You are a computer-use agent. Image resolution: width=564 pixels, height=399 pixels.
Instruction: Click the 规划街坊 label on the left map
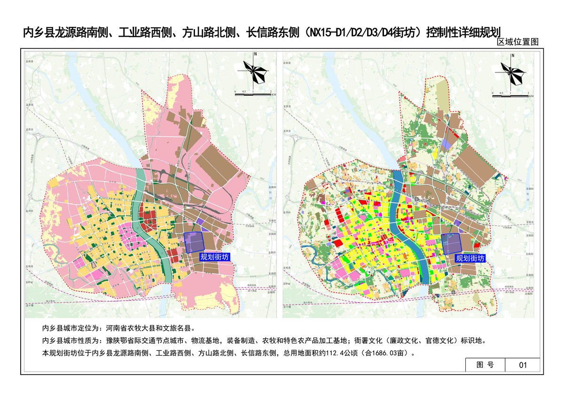(214, 257)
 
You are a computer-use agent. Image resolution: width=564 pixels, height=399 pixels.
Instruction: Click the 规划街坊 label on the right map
(470, 258)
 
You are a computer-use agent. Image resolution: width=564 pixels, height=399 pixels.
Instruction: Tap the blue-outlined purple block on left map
(194, 243)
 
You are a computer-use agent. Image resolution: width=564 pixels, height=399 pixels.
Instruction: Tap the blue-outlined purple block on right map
(451, 244)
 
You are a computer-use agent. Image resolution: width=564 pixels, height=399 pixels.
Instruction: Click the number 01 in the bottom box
(523, 365)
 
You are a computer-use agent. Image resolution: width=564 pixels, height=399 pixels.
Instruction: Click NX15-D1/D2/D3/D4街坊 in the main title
(362, 32)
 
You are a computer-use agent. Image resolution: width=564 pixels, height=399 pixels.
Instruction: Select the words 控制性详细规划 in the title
(462, 32)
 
